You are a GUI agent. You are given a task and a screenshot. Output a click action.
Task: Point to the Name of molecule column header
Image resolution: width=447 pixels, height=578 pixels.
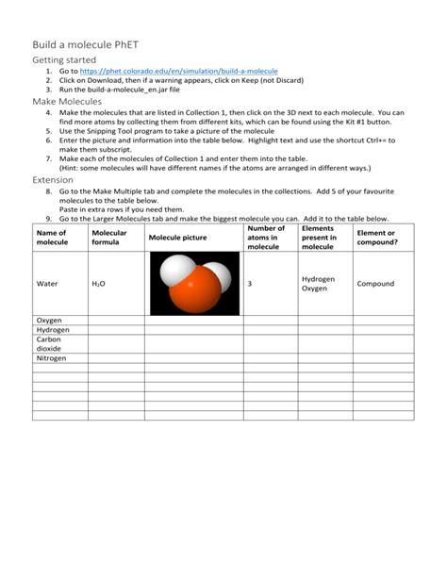pos(53,237)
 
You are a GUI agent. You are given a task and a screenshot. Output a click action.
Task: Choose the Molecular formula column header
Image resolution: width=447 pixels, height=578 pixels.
pos(109,237)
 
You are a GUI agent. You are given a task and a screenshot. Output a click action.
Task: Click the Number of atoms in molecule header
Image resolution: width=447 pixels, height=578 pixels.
pos(265,237)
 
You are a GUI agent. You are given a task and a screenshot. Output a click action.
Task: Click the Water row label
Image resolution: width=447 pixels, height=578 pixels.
pos(47,283)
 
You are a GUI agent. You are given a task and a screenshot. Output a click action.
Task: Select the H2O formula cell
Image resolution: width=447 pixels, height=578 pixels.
pos(99,283)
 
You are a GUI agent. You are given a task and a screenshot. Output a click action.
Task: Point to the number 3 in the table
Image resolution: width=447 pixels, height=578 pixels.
pos(249,283)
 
